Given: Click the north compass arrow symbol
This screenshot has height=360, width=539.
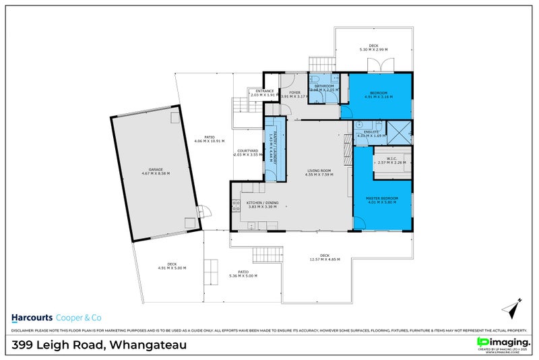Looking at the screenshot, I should point(511,309).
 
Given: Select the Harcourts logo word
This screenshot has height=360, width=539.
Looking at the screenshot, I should point(38,317).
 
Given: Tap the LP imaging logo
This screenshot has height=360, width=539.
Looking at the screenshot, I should point(503,343).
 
